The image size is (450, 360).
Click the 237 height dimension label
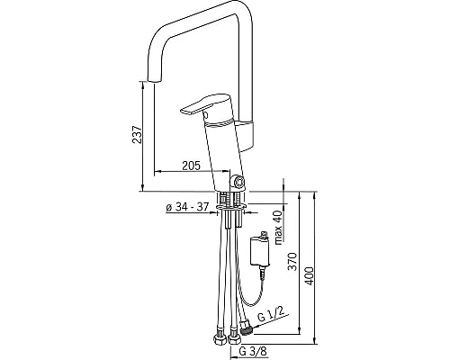click(x=137, y=134)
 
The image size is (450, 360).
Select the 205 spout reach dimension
click(x=191, y=166)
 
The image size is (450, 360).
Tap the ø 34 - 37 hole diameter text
click(x=187, y=207)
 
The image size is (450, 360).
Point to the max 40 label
click(x=278, y=227)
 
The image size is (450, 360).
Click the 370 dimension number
click(x=292, y=262)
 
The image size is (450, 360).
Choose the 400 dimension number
click(x=309, y=275)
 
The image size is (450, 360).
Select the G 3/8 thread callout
click(x=253, y=351)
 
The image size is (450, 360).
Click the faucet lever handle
click(x=205, y=105)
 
